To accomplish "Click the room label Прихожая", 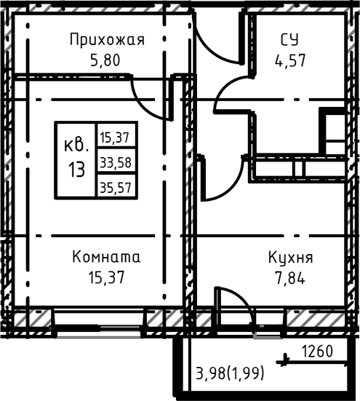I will [107, 39].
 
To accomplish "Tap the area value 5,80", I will [107, 58].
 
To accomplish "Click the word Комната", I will [106, 258].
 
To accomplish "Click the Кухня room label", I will [290, 258].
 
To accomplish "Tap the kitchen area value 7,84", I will [290, 277].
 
